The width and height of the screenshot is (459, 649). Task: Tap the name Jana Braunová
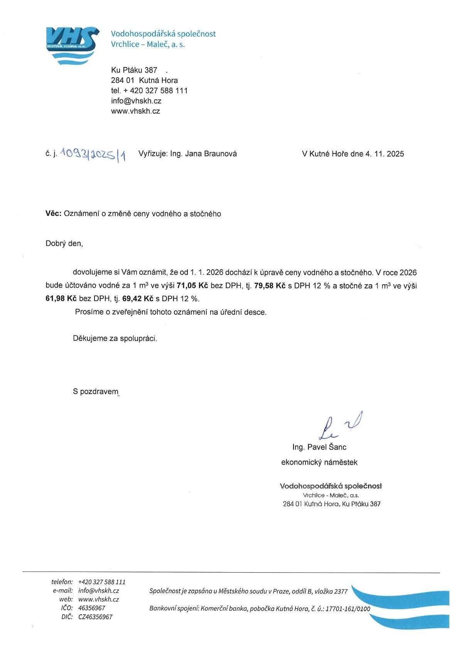(211, 154)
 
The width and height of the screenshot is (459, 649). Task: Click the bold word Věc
(53, 214)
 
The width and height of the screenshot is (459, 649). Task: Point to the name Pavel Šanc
(327, 447)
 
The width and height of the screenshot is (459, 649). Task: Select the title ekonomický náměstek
(319, 462)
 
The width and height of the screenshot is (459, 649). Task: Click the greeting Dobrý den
(64, 244)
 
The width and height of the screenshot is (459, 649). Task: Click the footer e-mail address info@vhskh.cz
(98, 590)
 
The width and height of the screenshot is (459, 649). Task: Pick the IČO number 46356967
(91, 608)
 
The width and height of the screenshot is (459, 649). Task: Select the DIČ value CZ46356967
(95, 617)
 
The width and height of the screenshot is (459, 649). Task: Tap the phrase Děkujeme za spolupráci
(115, 339)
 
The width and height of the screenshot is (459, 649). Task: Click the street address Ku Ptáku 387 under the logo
(134, 70)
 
